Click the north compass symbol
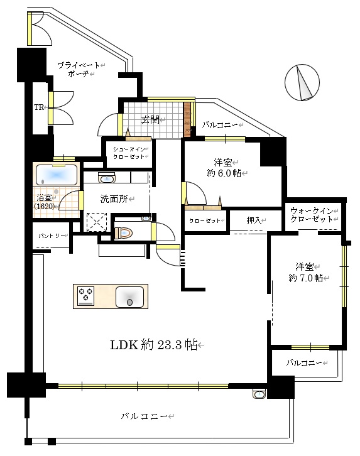[x=302, y=82]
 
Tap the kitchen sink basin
[x=129, y=297]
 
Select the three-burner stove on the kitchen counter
[x=86, y=296]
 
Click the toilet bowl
[x=124, y=233]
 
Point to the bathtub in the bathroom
[x=57, y=175]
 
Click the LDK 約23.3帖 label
[x=154, y=345]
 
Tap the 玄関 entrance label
[x=150, y=119]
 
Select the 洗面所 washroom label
[x=114, y=199]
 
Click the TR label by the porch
[x=39, y=107]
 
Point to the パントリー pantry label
[x=52, y=236]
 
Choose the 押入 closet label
[x=254, y=220]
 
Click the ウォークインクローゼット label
[x=312, y=215]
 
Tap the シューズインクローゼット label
[x=129, y=153]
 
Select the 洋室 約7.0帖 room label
[x=305, y=272]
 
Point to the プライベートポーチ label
[x=79, y=69]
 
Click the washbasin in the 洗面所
[x=107, y=178]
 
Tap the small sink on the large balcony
[x=259, y=394]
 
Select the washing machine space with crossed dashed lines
[x=97, y=222]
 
